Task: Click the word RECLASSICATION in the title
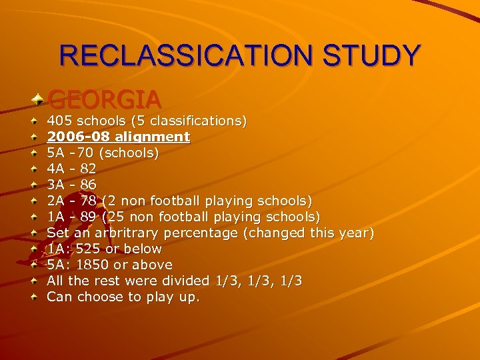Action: tap(186, 55)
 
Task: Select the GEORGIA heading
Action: tap(105, 100)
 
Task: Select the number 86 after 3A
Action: tap(88, 185)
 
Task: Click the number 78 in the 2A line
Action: tap(88, 201)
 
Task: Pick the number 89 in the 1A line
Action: tap(88, 217)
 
